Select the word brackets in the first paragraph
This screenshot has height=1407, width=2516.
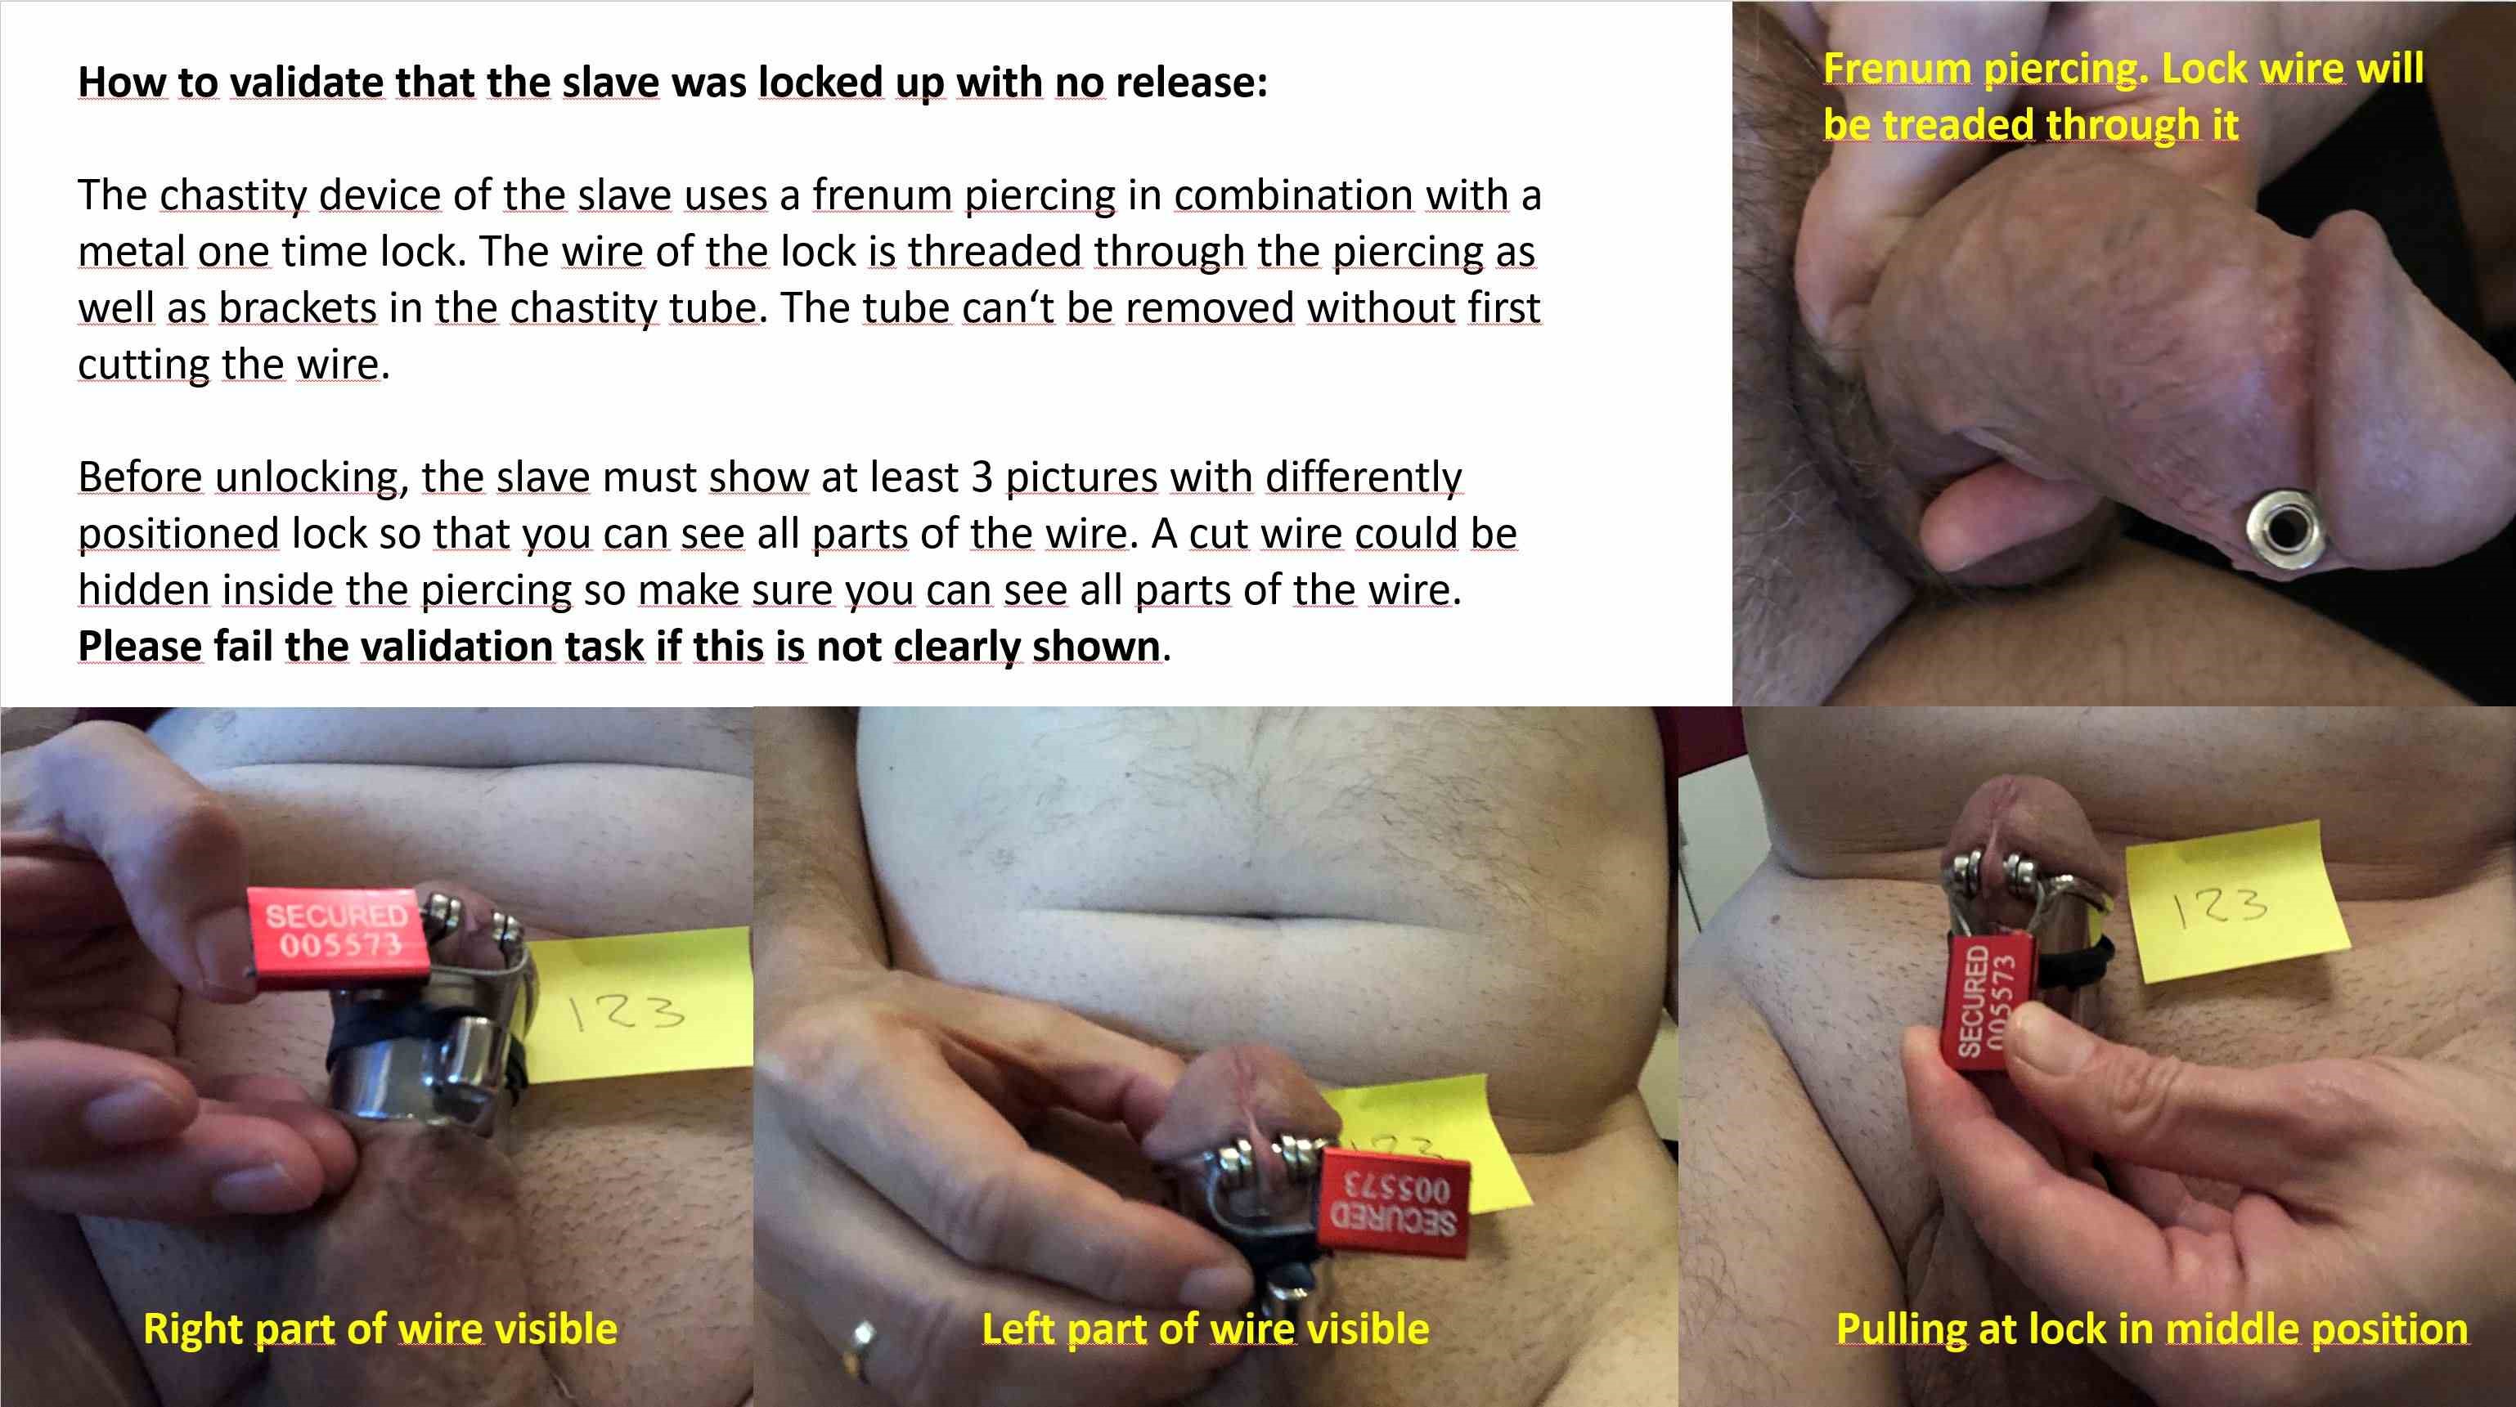coord(298,307)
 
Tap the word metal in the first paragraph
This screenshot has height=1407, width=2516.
coord(132,251)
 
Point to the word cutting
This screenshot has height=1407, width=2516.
coord(142,365)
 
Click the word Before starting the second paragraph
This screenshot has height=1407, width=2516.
coord(140,477)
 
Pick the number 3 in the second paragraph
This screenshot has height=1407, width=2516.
coord(982,477)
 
